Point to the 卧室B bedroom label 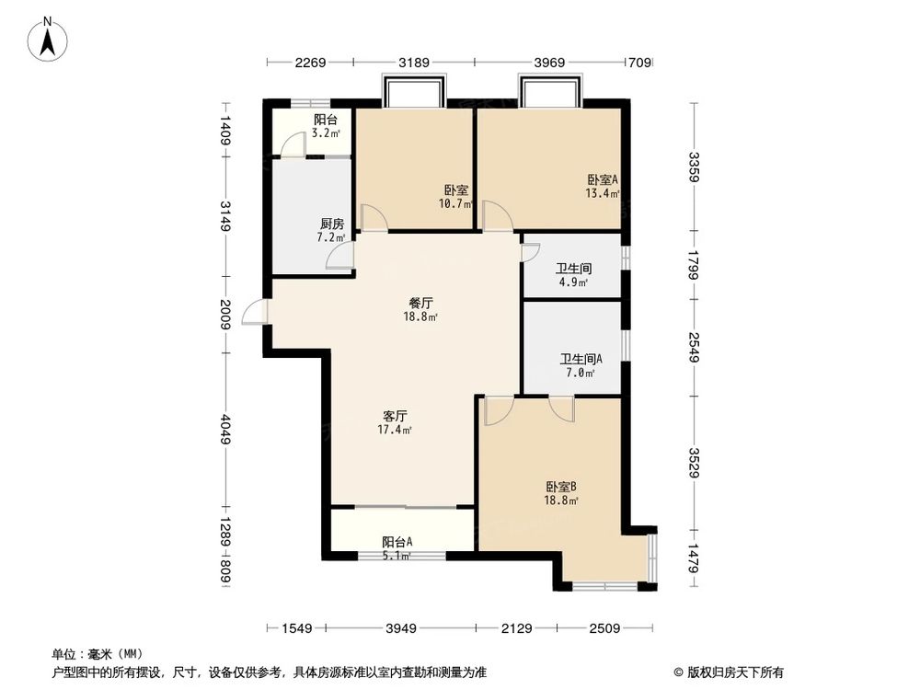(560, 487)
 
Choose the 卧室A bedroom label (603, 179)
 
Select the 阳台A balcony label (397, 542)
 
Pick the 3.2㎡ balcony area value (326, 133)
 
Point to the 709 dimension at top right (639, 63)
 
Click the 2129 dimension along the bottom (518, 629)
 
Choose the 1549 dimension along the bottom (297, 629)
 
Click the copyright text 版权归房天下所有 (726, 672)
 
